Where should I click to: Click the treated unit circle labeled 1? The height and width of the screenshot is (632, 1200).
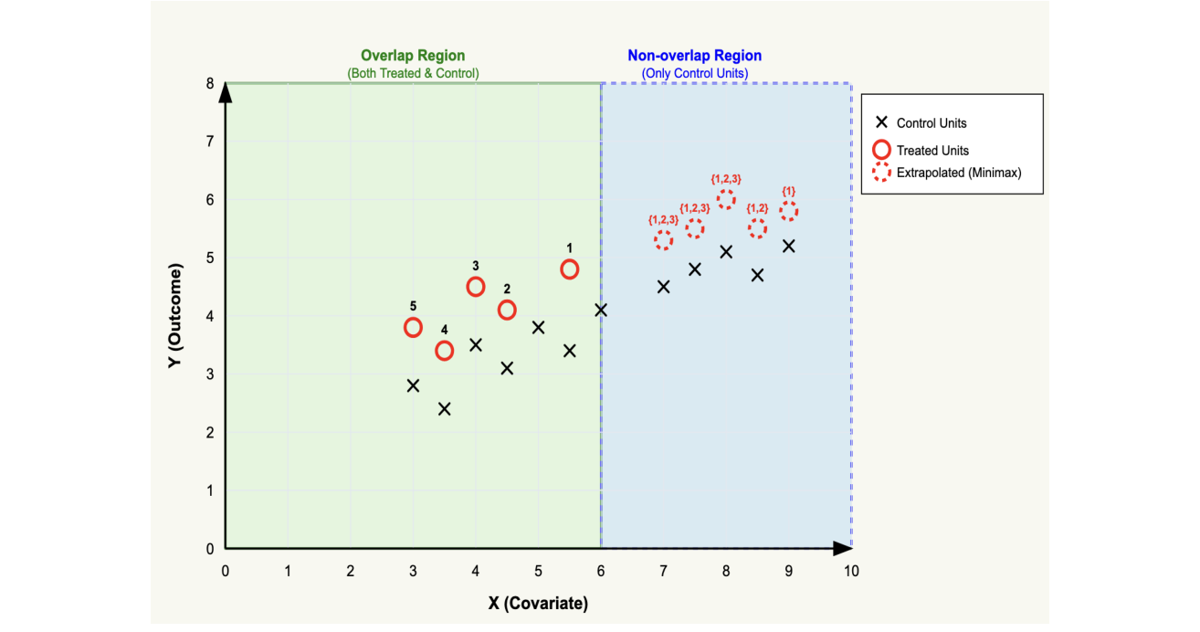pyautogui.click(x=569, y=269)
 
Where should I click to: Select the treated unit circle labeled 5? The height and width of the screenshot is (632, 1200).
pyautogui.click(x=413, y=327)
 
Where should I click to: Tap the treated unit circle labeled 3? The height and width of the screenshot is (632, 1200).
pyautogui.click(x=475, y=287)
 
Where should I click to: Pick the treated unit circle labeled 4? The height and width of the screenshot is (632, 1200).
pyautogui.click(x=444, y=351)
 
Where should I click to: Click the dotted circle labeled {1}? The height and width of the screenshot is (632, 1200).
pyautogui.click(x=788, y=211)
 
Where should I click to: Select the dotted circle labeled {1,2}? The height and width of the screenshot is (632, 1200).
pyautogui.click(x=757, y=228)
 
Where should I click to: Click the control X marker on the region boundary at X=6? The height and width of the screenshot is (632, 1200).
pyautogui.click(x=601, y=310)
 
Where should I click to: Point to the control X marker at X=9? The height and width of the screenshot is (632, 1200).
pyautogui.click(x=788, y=246)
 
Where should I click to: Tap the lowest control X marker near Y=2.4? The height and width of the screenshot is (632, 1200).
pyautogui.click(x=444, y=408)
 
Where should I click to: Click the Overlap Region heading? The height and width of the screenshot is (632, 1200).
pyautogui.click(x=413, y=56)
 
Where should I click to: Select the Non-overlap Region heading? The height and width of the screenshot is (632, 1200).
pyautogui.click(x=694, y=56)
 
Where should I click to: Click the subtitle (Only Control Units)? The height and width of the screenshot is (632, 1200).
pyautogui.click(x=694, y=73)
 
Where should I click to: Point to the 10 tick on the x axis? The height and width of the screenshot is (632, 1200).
pyautogui.click(x=851, y=571)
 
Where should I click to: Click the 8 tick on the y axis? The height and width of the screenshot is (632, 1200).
pyautogui.click(x=209, y=84)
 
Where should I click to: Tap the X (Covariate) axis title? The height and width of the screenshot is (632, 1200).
pyautogui.click(x=538, y=604)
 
